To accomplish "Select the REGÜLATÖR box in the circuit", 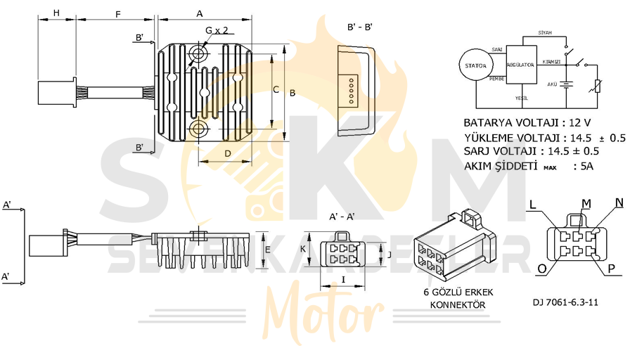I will (x=520, y=65).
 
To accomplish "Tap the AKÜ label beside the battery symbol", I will (x=552, y=84).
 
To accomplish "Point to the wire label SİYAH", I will (x=544, y=33).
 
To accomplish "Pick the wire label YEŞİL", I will (x=521, y=98).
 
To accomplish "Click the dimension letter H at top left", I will (x=56, y=13).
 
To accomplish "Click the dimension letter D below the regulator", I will (x=227, y=153).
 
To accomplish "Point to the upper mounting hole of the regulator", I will (x=199, y=53).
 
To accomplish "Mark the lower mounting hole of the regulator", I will (x=199, y=128).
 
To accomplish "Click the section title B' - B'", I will (x=359, y=27).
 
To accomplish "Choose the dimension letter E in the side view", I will (x=268, y=250).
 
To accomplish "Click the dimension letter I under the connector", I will (x=342, y=279).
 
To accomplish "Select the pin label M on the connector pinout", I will (x=586, y=202).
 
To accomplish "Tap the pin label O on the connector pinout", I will (x=541, y=269).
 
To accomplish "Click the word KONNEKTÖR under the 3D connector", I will (x=457, y=304).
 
